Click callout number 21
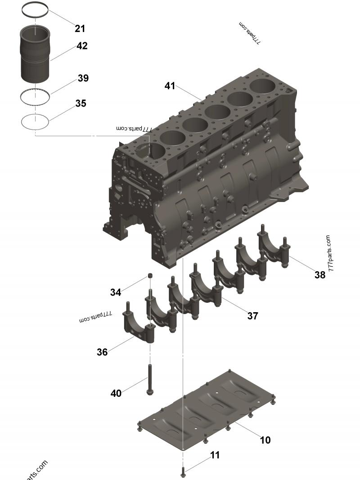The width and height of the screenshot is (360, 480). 80,28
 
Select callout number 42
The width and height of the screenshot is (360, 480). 82,46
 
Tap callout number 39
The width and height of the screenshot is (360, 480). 83,78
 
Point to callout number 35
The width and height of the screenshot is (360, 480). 81,103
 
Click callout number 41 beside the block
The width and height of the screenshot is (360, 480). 170,86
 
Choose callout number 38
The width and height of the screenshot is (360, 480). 320,275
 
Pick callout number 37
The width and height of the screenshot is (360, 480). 252,316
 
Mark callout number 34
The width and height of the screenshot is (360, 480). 115,292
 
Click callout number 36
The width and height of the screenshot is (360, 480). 102,352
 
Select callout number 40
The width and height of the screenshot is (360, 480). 116,393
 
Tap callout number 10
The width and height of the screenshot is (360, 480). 265,440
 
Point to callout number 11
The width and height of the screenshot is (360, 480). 215,455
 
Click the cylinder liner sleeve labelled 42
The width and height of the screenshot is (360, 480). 35,54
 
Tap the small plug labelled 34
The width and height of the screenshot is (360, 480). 150,276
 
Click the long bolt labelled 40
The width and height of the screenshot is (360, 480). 150,379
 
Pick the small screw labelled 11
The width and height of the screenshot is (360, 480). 183,472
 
